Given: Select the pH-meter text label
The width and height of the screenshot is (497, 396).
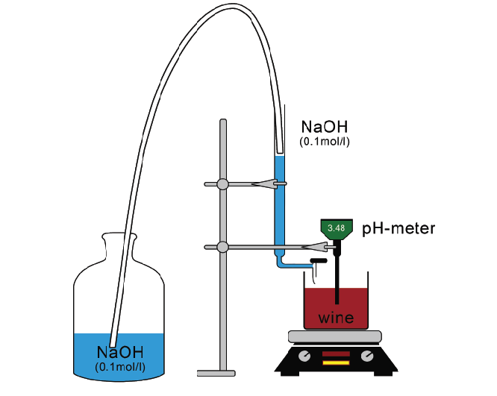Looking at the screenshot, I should [398, 228].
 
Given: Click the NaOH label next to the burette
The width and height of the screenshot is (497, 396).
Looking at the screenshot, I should [324, 126].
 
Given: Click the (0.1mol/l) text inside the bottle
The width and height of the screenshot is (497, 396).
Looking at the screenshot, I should [119, 366].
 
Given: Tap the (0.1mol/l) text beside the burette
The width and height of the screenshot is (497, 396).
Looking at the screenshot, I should [324, 141].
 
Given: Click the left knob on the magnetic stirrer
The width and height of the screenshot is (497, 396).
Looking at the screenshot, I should [303, 356].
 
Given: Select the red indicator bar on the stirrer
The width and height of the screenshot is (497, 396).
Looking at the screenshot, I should [335, 353].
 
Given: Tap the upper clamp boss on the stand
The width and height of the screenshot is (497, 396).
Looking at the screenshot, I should [222, 183].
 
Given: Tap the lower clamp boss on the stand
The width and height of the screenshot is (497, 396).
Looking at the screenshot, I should [222, 246].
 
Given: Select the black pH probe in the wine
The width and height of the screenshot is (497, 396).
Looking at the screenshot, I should [338, 283].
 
